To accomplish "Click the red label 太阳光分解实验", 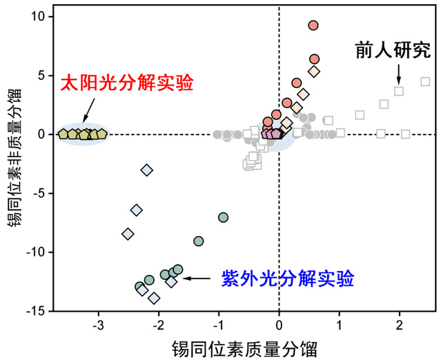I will (127, 84).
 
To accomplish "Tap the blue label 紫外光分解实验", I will (288, 279).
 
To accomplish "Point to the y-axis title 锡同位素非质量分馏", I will (12, 158).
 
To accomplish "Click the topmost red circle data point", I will (313, 26).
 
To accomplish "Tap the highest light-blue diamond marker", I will (146, 170).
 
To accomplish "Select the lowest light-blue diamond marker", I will (154, 298).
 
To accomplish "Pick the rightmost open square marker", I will (425, 81).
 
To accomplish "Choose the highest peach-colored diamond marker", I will (314, 71).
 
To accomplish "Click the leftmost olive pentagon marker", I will (63, 134).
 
